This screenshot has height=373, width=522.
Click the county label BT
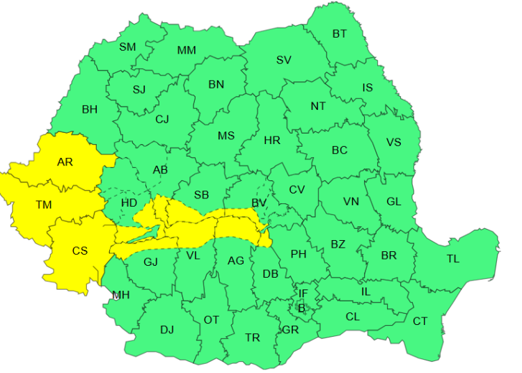coord(339,33)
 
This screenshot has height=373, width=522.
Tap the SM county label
coord(127,47)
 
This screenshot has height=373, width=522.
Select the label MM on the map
coord(187,50)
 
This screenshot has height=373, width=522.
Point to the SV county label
coord(283,60)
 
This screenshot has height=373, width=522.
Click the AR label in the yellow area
coord(65,162)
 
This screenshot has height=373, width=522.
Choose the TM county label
coord(44,205)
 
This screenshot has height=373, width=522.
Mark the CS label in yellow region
coord(80,251)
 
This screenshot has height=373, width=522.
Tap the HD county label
coord(129,203)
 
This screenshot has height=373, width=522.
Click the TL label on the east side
coord(453,259)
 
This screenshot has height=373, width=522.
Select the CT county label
coord(420,321)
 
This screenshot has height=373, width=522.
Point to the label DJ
coord(167,330)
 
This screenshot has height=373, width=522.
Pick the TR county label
coord(253,338)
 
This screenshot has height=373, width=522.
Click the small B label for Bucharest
coord(301,307)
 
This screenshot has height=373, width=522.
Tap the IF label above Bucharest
coord(303,294)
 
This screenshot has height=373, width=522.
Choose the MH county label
coord(121,295)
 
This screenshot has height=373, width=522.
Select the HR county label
coord(272,141)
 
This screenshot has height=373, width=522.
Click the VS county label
coord(394,143)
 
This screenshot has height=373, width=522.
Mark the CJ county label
coord(162,120)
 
